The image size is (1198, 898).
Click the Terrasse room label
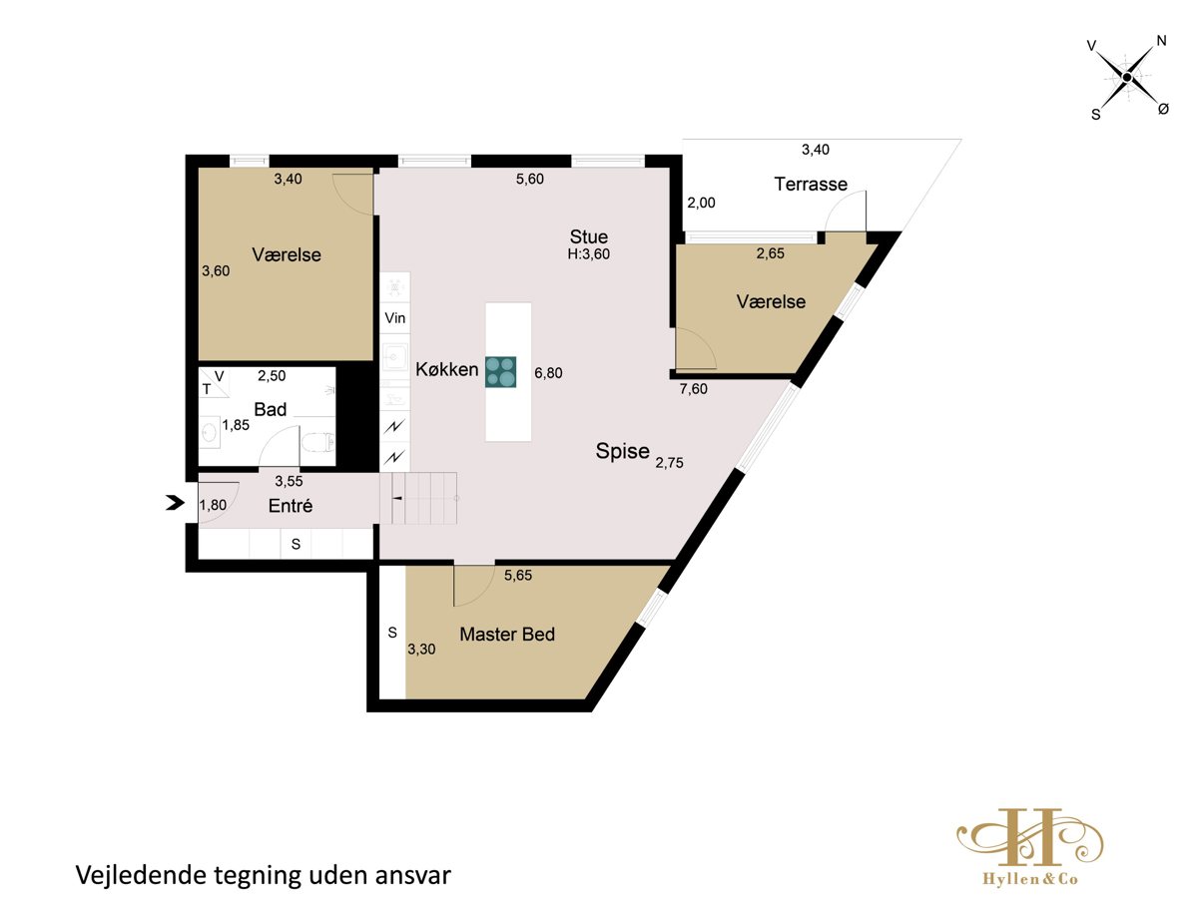click(811, 185)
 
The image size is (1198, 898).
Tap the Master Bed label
click(507, 635)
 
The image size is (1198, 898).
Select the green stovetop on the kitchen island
click(500, 372)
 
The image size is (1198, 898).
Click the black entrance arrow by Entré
click(175, 503)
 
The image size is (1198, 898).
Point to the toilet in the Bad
click(317, 442)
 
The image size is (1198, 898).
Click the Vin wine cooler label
click(394, 318)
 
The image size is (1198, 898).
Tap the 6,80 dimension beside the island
click(548, 373)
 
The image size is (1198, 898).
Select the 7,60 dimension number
click(693, 389)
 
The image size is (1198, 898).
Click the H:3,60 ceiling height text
click(588, 254)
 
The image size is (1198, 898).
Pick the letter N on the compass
click(1161, 41)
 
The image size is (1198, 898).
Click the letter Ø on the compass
click(1163, 109)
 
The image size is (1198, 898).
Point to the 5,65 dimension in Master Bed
click(518, 576)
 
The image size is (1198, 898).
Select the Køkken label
click(447, 369)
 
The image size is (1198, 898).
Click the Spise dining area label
click(622, 451)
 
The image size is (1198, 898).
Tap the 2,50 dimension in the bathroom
click(272, 376)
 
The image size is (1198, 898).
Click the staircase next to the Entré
click(419, 498)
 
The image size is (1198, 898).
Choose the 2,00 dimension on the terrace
click(701, 203)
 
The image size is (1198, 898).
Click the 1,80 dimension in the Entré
click(213, 506)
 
